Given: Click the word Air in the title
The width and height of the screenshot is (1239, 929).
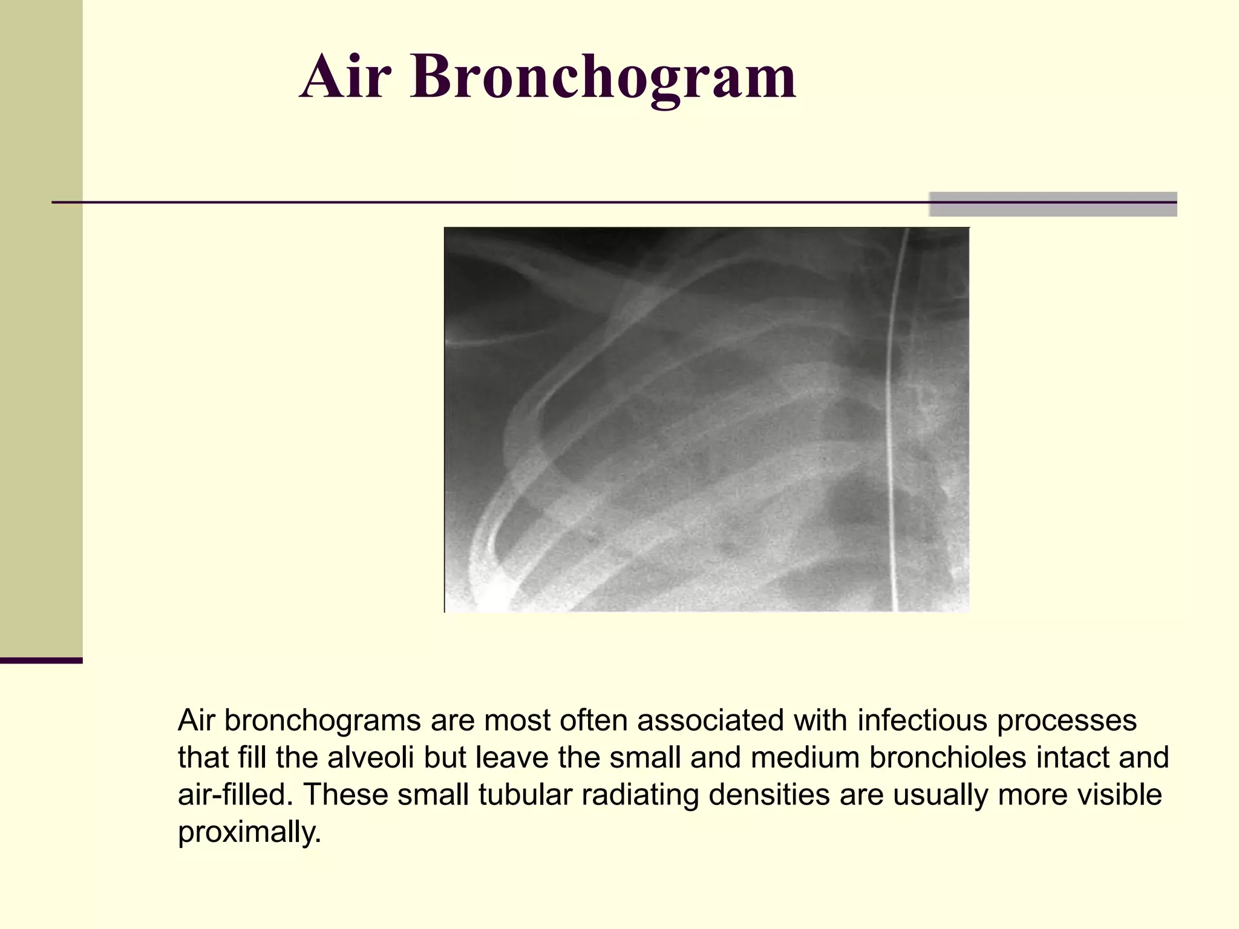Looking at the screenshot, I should [x=342, y=77].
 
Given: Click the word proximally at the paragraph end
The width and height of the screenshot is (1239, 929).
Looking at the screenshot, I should [x=248, y=832].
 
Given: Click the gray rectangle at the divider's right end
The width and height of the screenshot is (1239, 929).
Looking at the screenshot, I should [x=1053, y=204].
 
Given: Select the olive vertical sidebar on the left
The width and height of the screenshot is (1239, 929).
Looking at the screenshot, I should [x=41, y=327].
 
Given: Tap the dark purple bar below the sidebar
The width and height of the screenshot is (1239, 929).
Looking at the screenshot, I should [x=41, y=660].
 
